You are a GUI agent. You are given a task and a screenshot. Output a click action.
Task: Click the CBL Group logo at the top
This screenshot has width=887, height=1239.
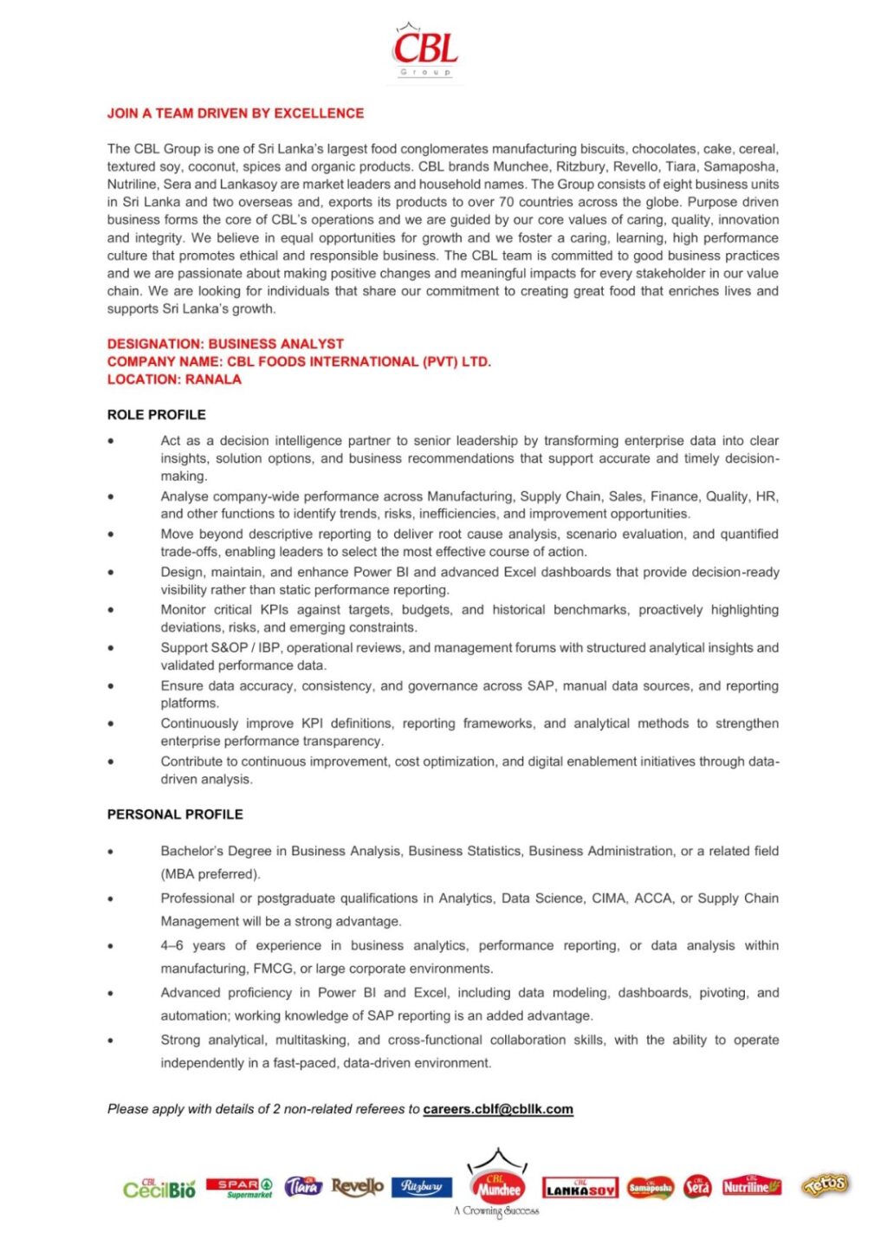point(425,51)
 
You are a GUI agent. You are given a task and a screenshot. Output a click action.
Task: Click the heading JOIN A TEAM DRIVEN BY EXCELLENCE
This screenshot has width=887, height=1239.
point(235,114)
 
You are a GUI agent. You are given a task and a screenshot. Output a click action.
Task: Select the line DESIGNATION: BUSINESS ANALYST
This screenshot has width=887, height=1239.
point(225,344)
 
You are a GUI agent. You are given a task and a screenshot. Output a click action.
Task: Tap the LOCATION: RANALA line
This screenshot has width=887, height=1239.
point(174,379)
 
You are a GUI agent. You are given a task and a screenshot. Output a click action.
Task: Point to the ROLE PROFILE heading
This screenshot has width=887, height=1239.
point(156,415)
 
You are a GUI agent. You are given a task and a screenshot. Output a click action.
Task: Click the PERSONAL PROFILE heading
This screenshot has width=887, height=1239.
point(175,814)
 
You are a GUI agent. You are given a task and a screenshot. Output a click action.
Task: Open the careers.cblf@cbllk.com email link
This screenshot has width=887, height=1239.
point(498,1109)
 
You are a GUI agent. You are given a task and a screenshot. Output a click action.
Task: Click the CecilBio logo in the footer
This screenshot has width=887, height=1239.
point(159,1188)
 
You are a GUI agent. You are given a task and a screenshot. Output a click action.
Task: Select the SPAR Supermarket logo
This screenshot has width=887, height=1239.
point(239,1188)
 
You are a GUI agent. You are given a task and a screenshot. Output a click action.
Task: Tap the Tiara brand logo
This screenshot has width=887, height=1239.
point(303,1186)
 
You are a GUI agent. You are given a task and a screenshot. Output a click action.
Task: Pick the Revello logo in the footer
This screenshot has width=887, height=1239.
point(357,1186)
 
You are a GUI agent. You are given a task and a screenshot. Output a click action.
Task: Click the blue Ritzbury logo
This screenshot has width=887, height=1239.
point(422,1186)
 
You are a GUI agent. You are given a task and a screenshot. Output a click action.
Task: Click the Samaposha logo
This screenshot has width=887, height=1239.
point(650,1188)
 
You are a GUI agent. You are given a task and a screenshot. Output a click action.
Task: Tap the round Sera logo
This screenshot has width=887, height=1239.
point(697,1187)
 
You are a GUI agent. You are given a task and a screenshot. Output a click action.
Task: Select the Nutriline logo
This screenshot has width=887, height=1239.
point(751,1186)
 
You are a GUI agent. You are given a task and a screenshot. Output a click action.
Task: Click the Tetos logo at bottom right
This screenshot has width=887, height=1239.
point(825,1185)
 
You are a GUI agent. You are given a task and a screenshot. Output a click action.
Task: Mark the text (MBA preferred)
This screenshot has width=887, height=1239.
point(210,874)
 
